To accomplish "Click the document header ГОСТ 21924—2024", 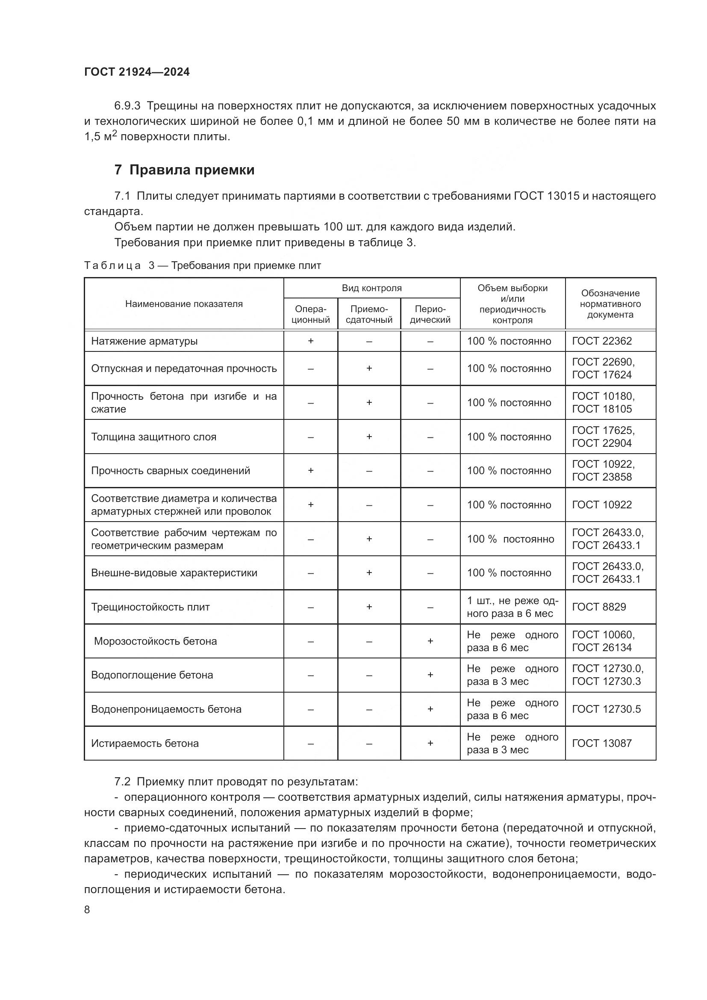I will (x=137, y=72).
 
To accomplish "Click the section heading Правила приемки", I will (x=191, y=170).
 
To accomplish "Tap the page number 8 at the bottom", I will (x=87, y=909).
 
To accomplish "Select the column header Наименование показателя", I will (x=184, y=304).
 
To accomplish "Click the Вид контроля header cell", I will (x=371, y=288).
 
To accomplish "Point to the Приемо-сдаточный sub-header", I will (x=369, y=315).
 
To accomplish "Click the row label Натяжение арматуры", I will (x=144, y=341).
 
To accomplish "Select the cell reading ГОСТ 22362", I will (x=602, y=341).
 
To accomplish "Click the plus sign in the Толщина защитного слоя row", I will (x=369, y=437).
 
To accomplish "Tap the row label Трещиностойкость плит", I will (x=150, y=607).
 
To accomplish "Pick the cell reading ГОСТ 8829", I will (x=598, y=607).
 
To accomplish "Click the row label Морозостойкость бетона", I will (x=156, y=641).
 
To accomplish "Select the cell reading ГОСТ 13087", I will (x=602, y=743).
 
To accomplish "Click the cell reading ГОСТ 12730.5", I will (x=606, y=709).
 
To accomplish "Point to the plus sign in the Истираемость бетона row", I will (x=430, y=743).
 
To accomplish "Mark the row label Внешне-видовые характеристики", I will (x=174, y=573).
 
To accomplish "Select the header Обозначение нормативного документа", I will (x=610, y=304).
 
